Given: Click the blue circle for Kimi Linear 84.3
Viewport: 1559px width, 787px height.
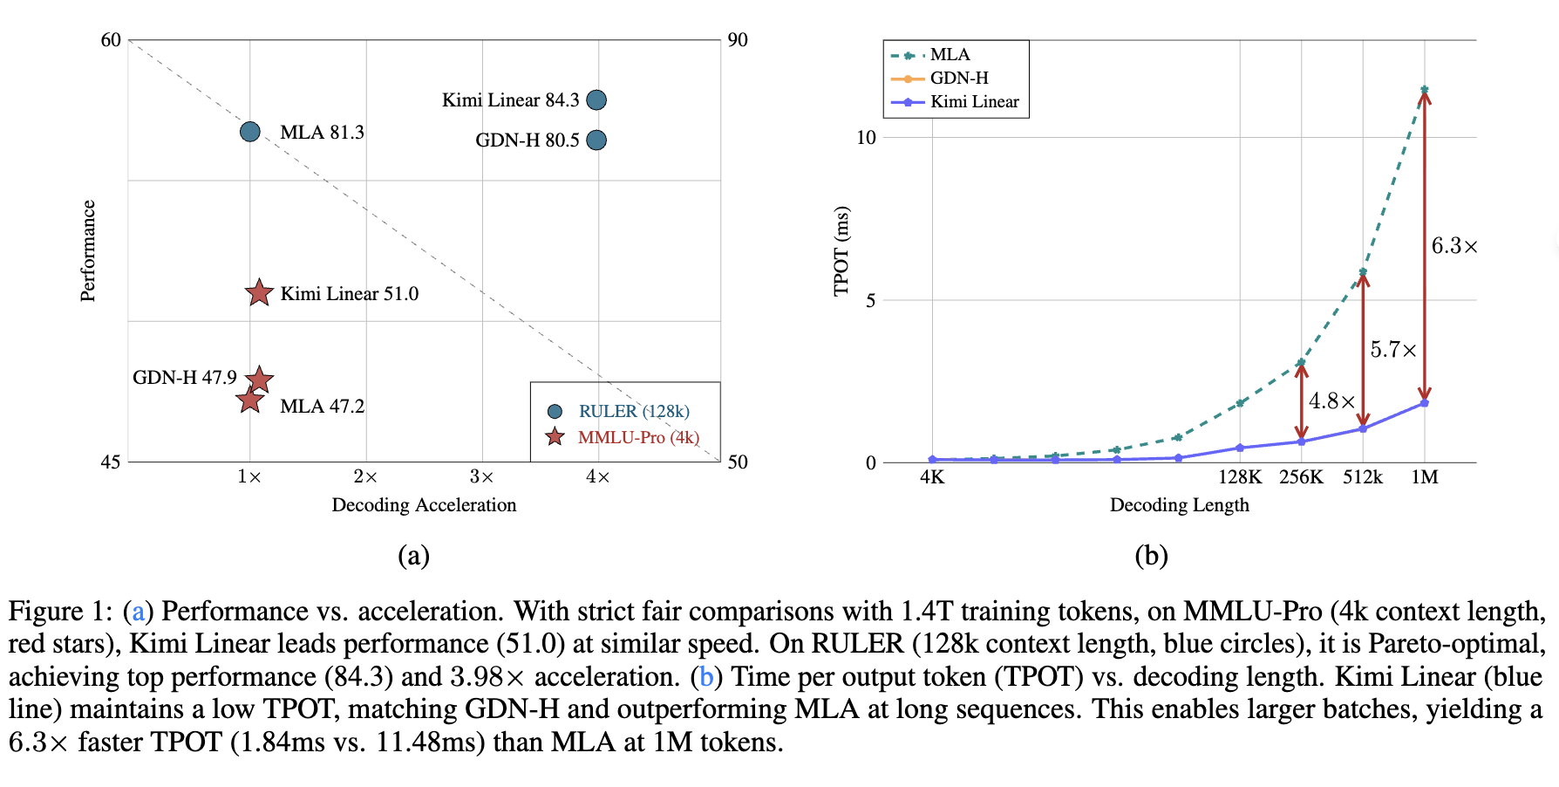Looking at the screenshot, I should point(596,100).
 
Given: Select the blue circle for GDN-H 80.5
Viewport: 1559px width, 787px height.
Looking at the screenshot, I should point(596,140).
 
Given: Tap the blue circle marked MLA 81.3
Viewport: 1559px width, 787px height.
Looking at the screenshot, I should point(250,132).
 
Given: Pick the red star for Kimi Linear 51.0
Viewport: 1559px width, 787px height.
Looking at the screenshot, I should point(259,293).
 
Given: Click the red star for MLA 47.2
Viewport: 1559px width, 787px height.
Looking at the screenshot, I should point(250,400).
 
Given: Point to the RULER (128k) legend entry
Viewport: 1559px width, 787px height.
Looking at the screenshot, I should point(633,411).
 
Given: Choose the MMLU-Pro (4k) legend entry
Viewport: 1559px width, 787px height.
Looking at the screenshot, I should point(637,437).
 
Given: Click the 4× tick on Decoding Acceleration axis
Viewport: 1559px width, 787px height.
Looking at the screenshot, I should point(598,477).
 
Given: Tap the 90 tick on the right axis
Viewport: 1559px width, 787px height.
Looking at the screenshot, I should point(738,40).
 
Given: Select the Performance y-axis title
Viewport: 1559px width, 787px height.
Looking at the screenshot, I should point(88,251).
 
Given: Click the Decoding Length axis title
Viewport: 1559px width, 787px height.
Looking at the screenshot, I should point(1179,505).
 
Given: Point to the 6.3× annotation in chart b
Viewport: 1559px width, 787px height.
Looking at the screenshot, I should point(1454,246).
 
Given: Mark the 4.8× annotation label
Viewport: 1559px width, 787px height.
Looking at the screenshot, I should point(1331,401).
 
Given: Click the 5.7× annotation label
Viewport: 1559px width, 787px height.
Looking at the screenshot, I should point(1392,350).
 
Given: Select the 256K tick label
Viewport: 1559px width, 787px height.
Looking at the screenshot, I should point(1301,477).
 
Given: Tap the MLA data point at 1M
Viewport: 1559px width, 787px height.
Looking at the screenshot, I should point(1424,90).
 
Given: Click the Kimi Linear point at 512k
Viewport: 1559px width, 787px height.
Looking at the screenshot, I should point(1363,428).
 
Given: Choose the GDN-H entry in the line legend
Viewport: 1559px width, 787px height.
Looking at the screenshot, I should point(958,79).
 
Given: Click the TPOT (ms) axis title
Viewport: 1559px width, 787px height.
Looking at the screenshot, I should point(841,251).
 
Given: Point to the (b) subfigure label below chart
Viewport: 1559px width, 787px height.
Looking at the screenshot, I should point(1151,556).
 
